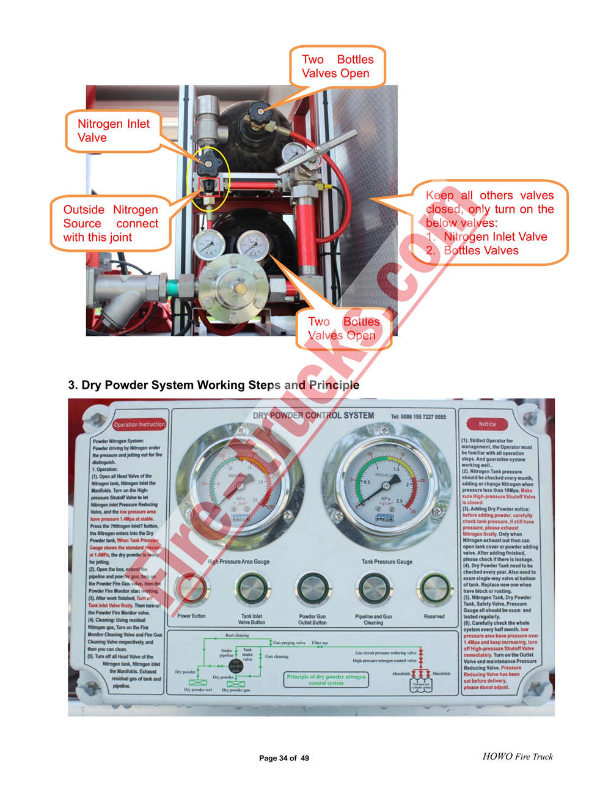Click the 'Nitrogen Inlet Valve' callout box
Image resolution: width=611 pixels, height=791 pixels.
(113, 131)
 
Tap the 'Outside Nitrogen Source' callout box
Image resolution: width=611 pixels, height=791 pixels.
(111, 223)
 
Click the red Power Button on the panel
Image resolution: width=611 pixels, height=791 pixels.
(191, 590)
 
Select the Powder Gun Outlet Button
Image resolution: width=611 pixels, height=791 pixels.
(313, 590)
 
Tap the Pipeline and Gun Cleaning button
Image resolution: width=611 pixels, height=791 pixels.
(373, 590)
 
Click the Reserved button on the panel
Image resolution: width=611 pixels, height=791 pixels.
(434, 590)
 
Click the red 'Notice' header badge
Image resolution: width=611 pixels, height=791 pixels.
(487, 424)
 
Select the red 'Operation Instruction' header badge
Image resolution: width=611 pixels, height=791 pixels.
(139, 424)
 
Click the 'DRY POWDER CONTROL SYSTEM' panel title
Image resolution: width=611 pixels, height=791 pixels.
(313, 416)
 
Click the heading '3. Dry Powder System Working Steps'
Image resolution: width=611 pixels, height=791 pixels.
(213, 385)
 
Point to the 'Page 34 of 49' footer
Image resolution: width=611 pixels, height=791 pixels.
(284, 758)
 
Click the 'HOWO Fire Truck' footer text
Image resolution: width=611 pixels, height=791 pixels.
(518, 756)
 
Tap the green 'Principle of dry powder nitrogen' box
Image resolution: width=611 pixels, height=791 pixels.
(326, 680)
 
